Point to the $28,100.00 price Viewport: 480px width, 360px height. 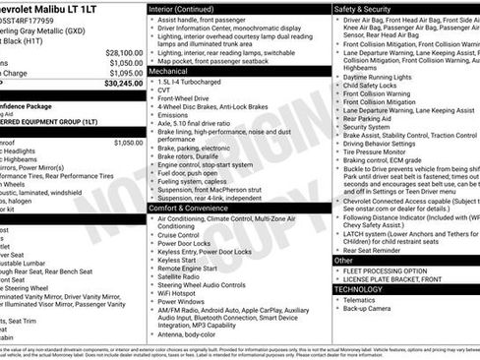[x=124, y=52]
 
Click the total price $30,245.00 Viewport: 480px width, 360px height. [x=124, y=85]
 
